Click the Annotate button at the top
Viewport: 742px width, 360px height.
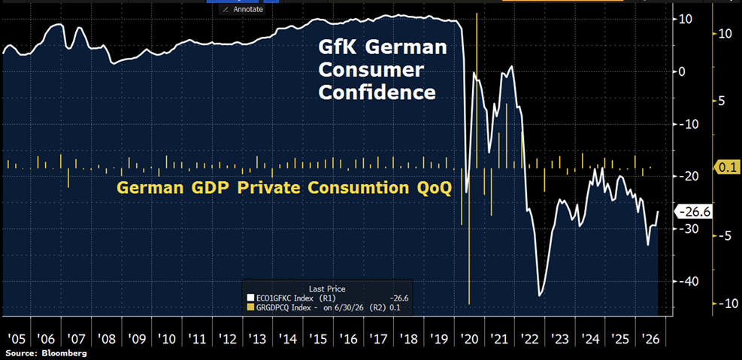click(243, 9)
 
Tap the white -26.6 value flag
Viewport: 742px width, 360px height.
click(694, 213)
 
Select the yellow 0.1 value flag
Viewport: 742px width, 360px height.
click(725, 167)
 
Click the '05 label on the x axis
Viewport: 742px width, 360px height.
click(16, 339)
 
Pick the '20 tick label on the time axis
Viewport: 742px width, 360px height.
click(470, 339)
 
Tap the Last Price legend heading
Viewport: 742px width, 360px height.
click(327, 288)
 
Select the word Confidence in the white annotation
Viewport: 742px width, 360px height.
click(377, 92)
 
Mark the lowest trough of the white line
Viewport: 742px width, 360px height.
click(539, 296)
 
